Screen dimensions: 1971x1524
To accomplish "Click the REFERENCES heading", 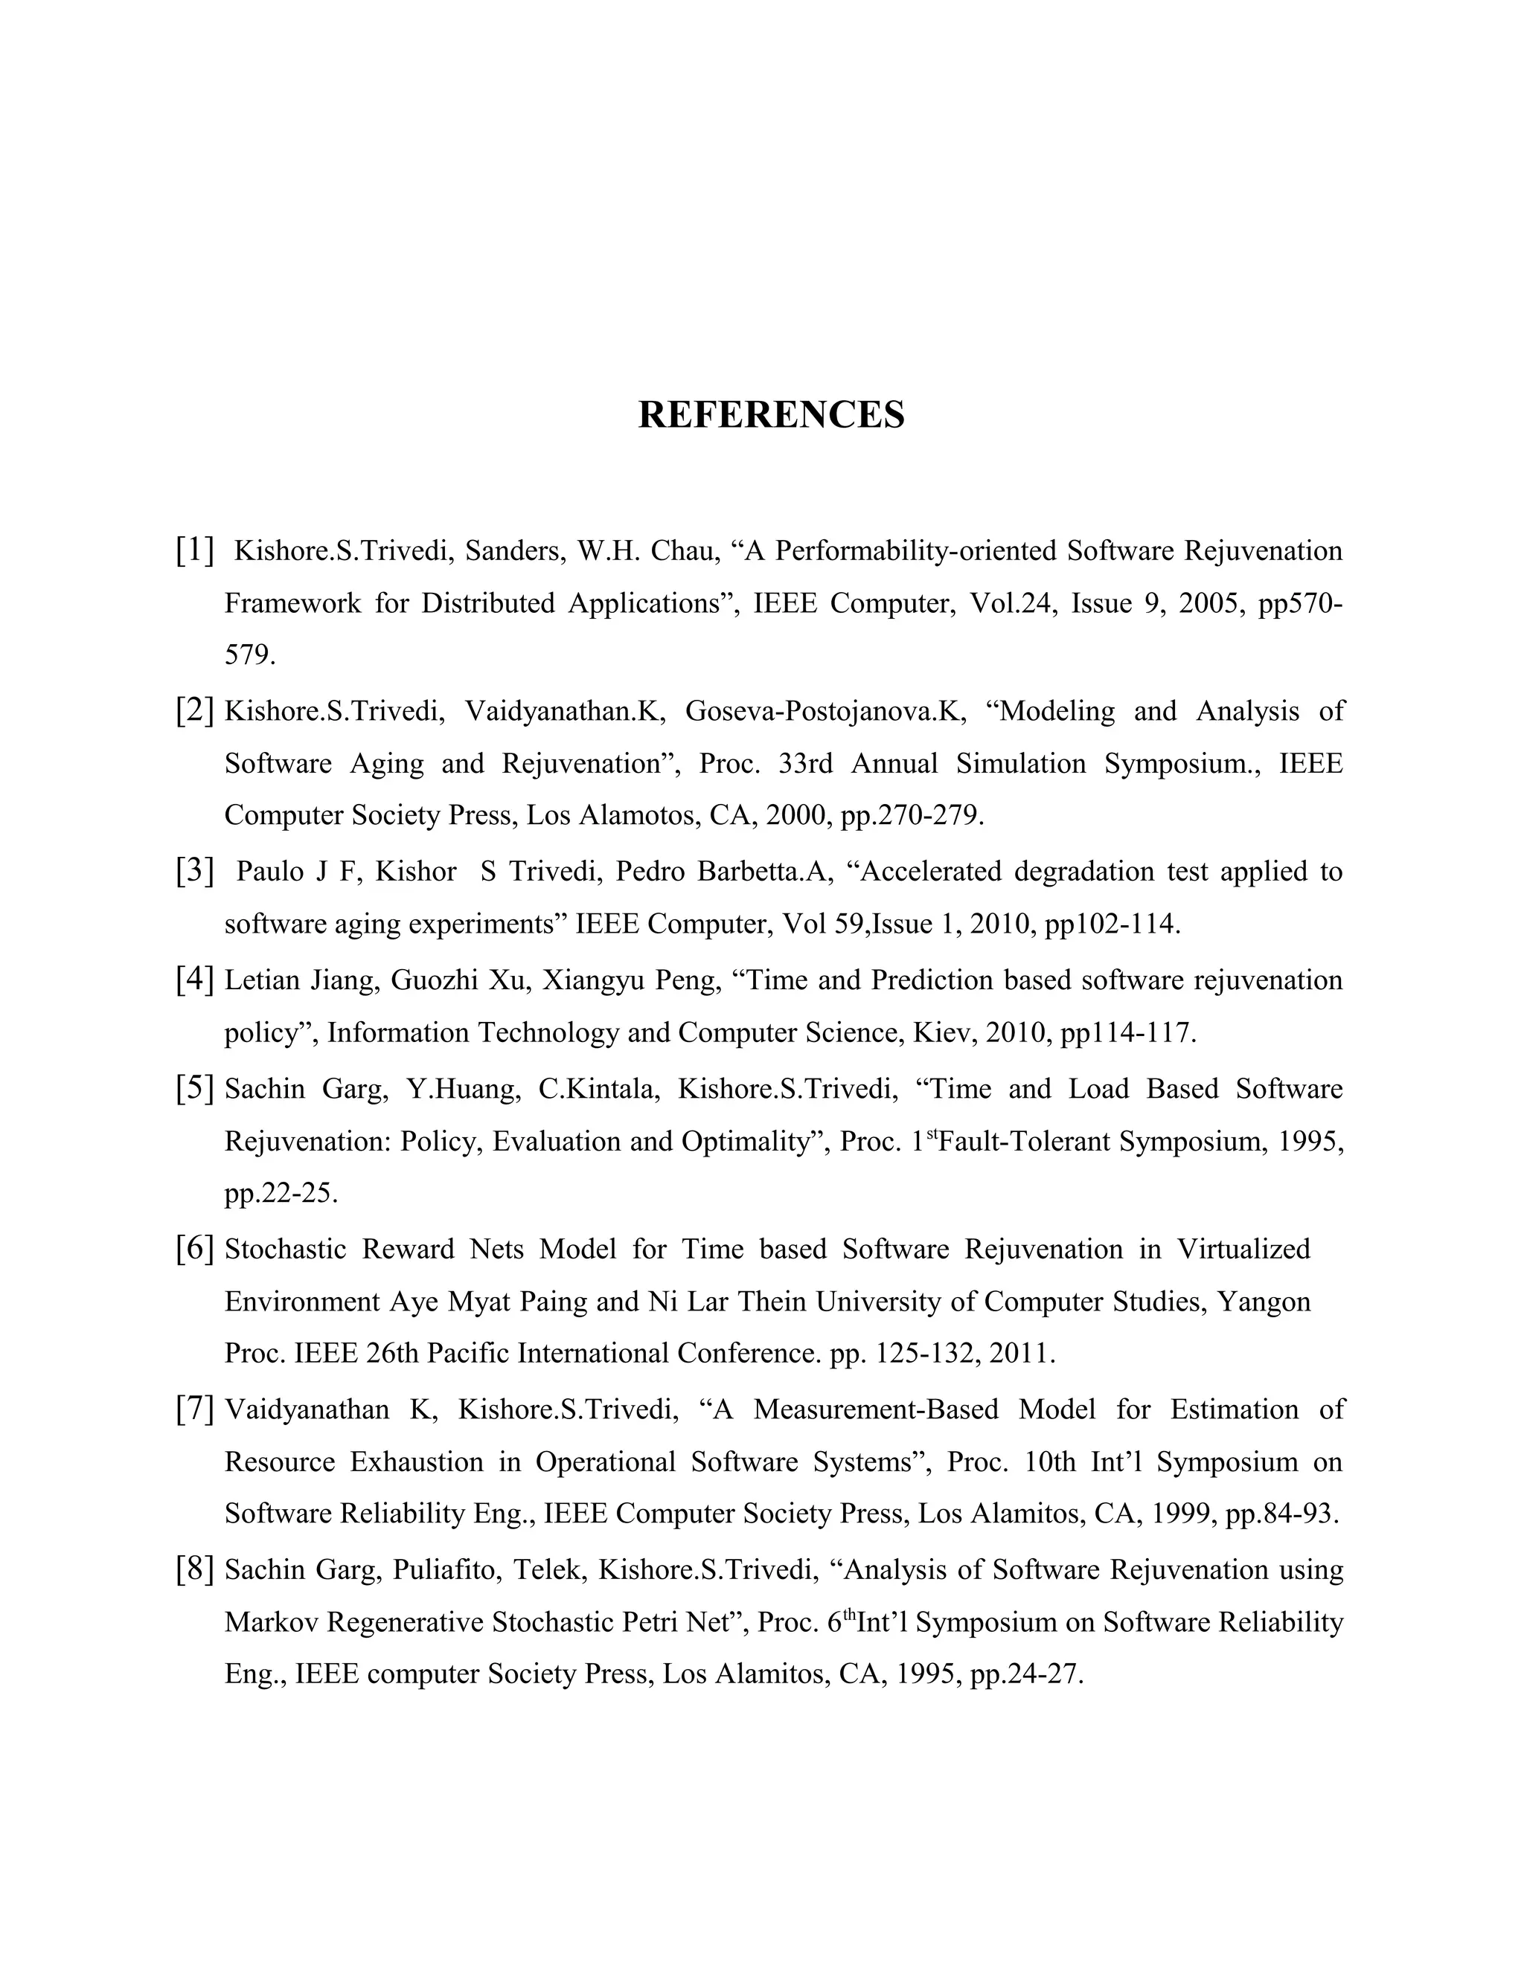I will [770, 415].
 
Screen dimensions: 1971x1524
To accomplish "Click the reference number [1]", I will [195, 549].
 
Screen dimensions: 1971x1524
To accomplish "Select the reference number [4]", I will [195, 980].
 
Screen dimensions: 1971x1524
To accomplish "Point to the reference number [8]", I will [195, 1569].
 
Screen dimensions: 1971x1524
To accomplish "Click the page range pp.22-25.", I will [281, 1194].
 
